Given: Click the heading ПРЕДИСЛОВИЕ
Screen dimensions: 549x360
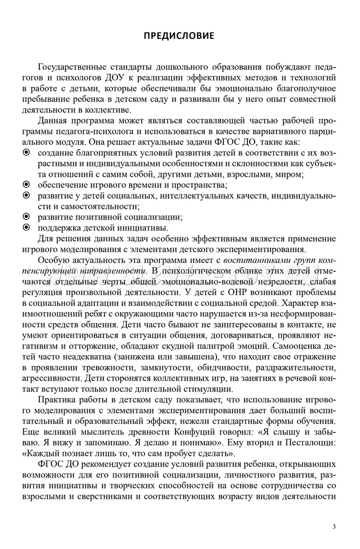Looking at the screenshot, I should (179, 36).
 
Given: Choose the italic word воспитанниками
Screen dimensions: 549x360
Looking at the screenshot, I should (255, 260).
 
